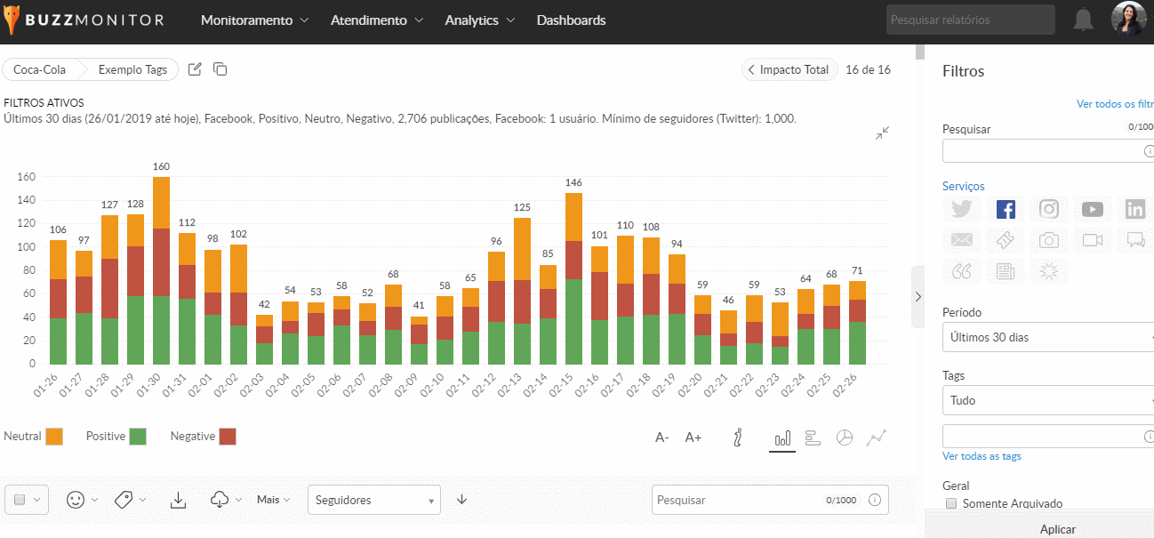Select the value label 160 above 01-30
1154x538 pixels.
coord(161,166)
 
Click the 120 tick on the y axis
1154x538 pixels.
coord(26,223)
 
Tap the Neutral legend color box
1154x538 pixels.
coord(54,437)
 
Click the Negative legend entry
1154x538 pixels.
coord(203,437)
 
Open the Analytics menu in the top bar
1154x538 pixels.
coord(478,20)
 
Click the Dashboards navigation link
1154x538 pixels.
coord(571,20)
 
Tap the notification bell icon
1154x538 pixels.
coord(1083,20)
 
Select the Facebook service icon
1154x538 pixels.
coord(1006,209)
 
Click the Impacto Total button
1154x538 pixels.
coord(789,69)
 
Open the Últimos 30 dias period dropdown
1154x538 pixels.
coord(1047,338)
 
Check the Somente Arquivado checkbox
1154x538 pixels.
coord(951,503)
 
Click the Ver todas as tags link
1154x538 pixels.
coord(982,456)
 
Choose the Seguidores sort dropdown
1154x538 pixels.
coord(373,500)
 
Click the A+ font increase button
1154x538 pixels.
coord(693,438)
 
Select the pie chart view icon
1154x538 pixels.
coord(845,438)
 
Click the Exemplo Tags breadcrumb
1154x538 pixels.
coord(132,69)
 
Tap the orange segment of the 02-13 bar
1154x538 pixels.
coord(522,249)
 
